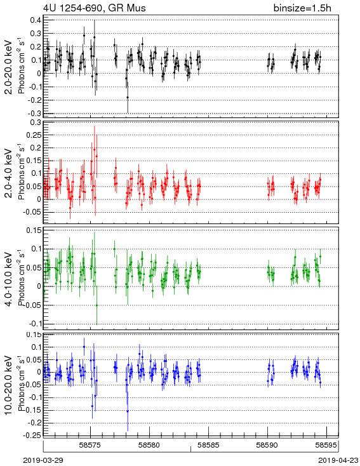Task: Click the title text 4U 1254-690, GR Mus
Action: [95, 8]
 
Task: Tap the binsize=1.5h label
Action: [302, 8]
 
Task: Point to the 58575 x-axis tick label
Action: [90, 445]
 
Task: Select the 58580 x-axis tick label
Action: [150, 445]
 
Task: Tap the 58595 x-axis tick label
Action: [327, 445]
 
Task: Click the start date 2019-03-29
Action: [43, 460]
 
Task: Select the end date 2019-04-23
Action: [338, 460]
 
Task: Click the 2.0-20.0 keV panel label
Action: [9, 67]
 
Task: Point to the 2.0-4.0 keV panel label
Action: [9, 173]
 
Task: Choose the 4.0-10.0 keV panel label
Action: [9, 279]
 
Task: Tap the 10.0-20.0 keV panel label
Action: [9, 385]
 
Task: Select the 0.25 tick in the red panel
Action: [34, 135]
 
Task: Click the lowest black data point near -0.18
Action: [128, 97]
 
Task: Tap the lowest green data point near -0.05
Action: [97, 305]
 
